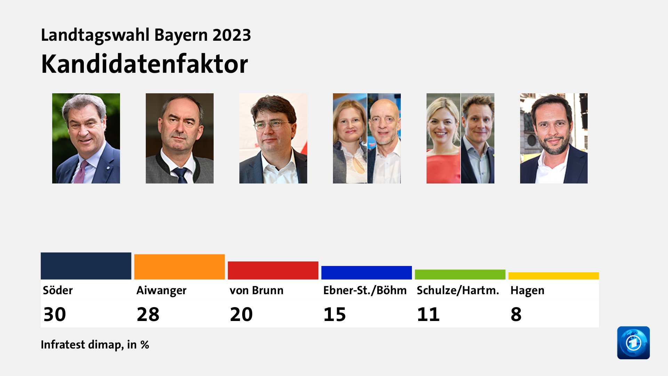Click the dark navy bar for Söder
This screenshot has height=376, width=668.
tap(86, 266)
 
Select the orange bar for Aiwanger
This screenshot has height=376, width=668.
tap(180, 267)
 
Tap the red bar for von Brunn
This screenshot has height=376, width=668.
tap(273, 270)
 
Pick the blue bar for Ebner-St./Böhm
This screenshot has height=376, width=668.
tap(366, 273)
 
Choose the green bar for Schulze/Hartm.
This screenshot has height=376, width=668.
tap(460, 274)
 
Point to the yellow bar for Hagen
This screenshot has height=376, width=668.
tap(554, 276)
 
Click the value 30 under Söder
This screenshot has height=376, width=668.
tap(55, 314)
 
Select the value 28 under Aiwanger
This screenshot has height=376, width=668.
tap(148, 314)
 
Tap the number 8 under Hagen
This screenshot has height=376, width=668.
tap(516, 314)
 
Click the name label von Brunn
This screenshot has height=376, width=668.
tap(256, 290)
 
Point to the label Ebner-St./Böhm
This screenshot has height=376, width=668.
tap(365, 290)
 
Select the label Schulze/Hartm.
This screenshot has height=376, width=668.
tap(458, 290)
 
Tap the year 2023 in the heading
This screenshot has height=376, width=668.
tap(232, 35)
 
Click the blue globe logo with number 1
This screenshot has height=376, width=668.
tap(633, 343)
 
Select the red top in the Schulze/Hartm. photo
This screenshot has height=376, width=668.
tap(443, 169)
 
